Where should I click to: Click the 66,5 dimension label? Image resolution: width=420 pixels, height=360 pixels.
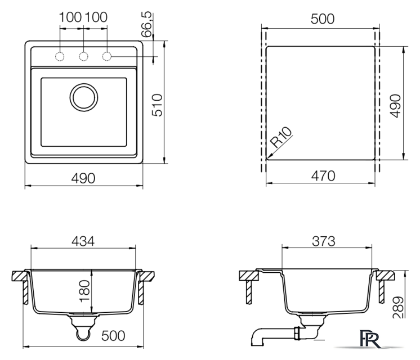147,24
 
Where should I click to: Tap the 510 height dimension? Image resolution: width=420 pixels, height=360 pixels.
158,105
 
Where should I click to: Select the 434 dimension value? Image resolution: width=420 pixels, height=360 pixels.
83,241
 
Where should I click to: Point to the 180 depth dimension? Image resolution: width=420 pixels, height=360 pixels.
85,291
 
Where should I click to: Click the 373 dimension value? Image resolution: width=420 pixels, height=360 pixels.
324,241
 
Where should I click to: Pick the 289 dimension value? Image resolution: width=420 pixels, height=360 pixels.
398,307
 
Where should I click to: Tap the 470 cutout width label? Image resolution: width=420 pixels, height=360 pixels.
323,176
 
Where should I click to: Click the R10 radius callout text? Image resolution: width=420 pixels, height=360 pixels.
281,137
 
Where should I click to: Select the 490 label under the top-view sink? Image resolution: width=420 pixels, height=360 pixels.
83,178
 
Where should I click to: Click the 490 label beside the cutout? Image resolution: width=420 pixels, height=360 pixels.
396,106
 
